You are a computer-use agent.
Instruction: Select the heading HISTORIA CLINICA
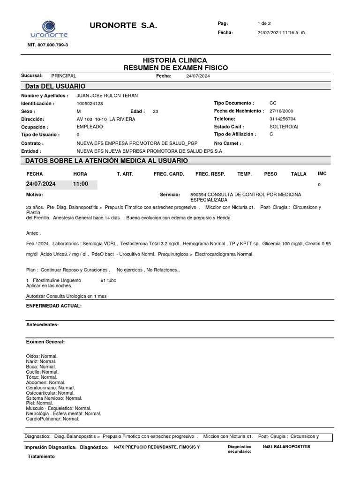click(x=175, y=60)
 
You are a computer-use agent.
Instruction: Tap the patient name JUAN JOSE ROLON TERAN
click(x=107, y=96)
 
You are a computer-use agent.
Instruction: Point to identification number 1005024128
click(x=90, y=104)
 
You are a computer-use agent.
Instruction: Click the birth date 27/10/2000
click(x=281, y=111)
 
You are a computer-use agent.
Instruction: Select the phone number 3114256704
click(x=283, y=119)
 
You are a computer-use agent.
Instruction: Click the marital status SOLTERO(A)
click(x=284, y=127)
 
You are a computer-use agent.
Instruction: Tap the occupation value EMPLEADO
click(x=90, y=127)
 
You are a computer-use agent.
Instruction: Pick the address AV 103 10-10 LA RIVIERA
click(x=105, y=119)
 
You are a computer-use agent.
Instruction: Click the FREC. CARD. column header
click(x=169, y=174)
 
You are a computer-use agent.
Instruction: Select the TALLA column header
click(x=299, y=174)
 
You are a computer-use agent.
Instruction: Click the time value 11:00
click(x=81, y=184)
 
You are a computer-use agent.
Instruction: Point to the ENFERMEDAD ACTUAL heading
click(x=54, y=306)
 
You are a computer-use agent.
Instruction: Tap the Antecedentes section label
click(x=42, y=324)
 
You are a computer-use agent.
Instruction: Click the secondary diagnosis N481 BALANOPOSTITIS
click(x=286, y=447)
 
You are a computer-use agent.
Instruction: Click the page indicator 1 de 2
click(x=264, y=23)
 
